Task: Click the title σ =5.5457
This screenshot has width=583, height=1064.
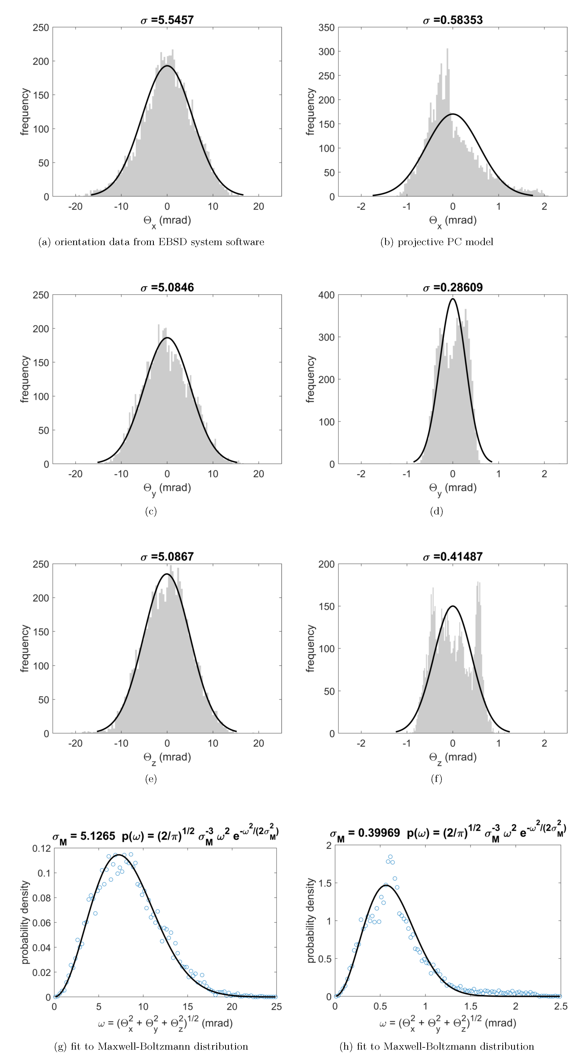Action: coord(167,20)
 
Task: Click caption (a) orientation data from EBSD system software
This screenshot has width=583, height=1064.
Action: coord(151,242)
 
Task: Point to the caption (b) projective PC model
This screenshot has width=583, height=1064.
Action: coord(437,242)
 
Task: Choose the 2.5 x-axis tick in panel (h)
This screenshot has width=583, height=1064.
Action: coord(560,1007)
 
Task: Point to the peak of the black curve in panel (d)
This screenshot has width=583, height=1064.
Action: coord(453,299)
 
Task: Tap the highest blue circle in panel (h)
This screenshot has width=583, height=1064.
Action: coord(390,857)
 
